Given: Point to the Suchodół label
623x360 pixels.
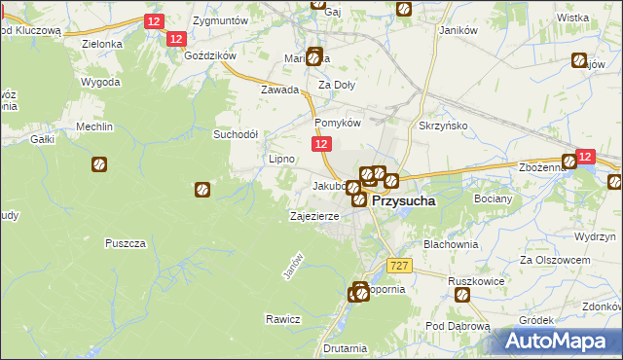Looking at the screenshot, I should point(236,134).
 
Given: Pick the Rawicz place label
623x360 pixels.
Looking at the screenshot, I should point(282,319).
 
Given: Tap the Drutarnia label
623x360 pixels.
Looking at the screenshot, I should point(347,347).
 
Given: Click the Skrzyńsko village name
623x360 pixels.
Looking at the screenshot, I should point(444,127).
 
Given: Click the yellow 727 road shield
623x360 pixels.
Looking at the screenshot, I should point(399,266).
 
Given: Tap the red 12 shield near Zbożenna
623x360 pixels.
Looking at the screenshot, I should point(584,156).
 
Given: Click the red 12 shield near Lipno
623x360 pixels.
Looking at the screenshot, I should point(323,144).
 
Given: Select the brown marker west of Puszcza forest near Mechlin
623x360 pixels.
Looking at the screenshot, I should point(99,165).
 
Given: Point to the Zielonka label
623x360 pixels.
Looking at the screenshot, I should point(102,44).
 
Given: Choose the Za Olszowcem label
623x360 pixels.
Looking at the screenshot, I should point(556,260).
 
